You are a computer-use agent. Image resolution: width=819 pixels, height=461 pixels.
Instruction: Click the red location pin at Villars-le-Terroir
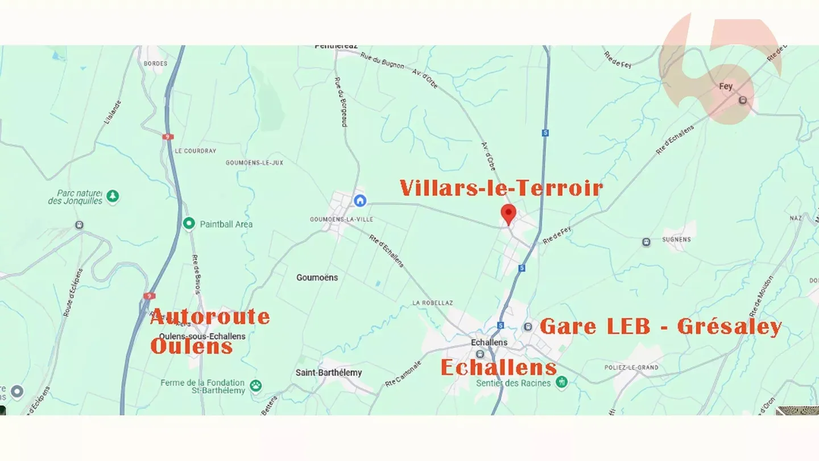508,214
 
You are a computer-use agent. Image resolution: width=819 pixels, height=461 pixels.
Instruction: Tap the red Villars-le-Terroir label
500,188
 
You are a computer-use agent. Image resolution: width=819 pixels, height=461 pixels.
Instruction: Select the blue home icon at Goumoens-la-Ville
359,200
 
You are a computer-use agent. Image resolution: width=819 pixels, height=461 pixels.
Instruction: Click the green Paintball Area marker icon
189,224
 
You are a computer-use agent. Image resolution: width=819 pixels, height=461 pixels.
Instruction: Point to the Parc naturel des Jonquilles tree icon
113,196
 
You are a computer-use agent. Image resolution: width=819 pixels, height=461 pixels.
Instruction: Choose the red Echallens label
499,368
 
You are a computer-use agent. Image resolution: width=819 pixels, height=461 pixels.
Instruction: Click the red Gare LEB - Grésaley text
660,327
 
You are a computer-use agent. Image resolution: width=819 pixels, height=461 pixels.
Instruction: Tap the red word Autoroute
210,316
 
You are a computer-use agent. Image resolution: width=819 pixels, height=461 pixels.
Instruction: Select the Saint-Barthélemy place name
329,373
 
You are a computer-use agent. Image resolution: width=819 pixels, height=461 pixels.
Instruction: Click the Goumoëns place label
317,278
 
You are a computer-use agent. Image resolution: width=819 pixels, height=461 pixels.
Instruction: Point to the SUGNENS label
676,240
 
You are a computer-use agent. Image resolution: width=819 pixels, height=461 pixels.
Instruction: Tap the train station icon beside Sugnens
646,242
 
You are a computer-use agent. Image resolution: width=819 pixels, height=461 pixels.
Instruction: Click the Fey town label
726,87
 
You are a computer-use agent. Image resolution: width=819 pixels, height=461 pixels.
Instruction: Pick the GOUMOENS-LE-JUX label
254,163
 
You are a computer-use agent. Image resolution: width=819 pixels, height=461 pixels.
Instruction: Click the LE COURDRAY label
196,151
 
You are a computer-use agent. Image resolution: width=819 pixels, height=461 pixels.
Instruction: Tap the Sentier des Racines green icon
562,381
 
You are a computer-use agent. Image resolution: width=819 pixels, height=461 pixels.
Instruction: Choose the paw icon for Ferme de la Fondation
256,386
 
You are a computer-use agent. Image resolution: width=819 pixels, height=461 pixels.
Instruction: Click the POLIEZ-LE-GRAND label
631,368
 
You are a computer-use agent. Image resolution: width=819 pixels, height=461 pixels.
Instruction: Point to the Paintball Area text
226,224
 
